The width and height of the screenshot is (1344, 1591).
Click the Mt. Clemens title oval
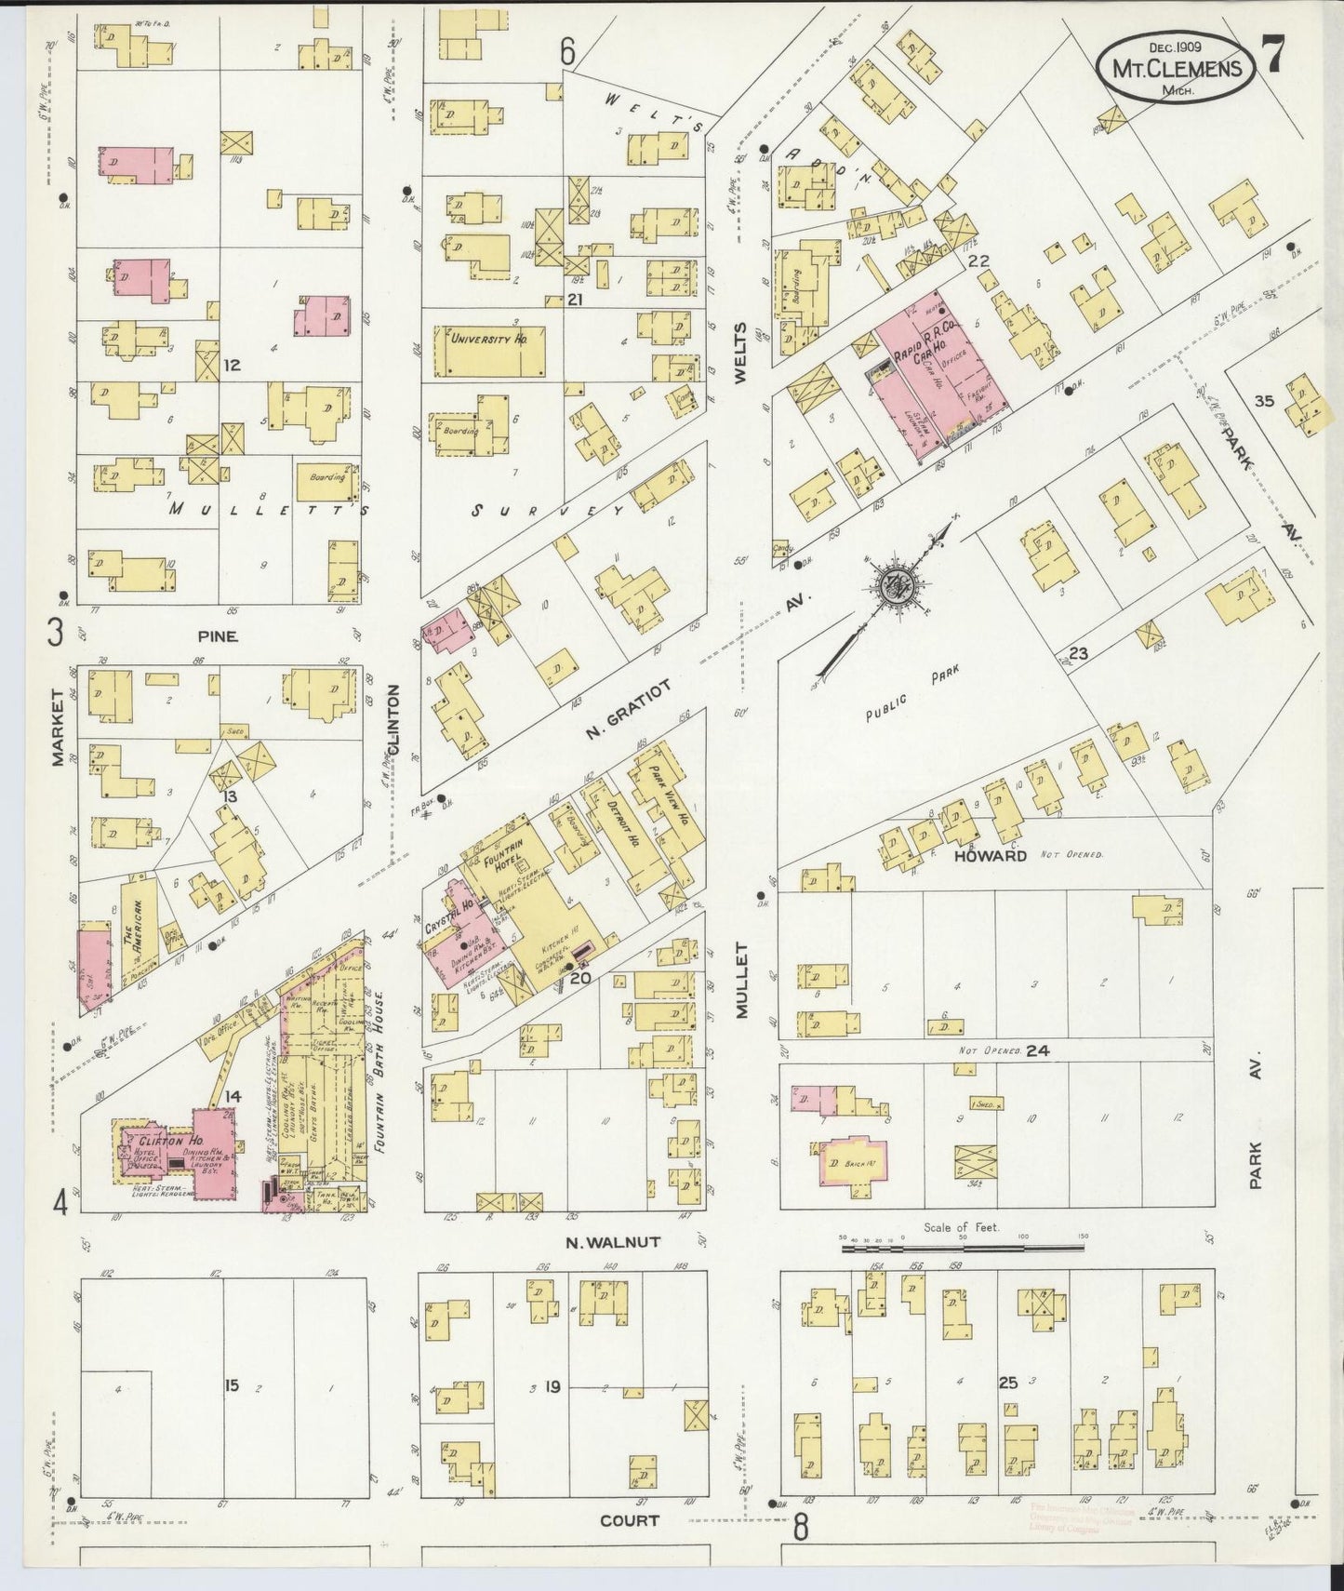pyautogui.click(x=1176, y=67)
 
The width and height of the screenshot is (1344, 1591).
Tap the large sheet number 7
pyautogui.click(x=1272, y=54)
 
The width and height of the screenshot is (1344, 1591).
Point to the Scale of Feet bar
pyautogui.click(x=963, y=1247)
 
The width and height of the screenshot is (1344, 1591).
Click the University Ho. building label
pyautogui.click(x=488, y=340)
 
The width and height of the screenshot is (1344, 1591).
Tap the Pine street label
pyautogui.click(x=217, y=636)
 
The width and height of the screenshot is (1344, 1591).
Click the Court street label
pyautogui.click(x=629, y=1519)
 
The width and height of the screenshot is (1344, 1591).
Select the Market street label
pyautogui.click(x=58, y=741)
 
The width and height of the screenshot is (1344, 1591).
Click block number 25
pyautogui.click(x=1007, y=1384)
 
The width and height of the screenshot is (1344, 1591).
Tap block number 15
pyautogui.click(x=231, y=1385)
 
